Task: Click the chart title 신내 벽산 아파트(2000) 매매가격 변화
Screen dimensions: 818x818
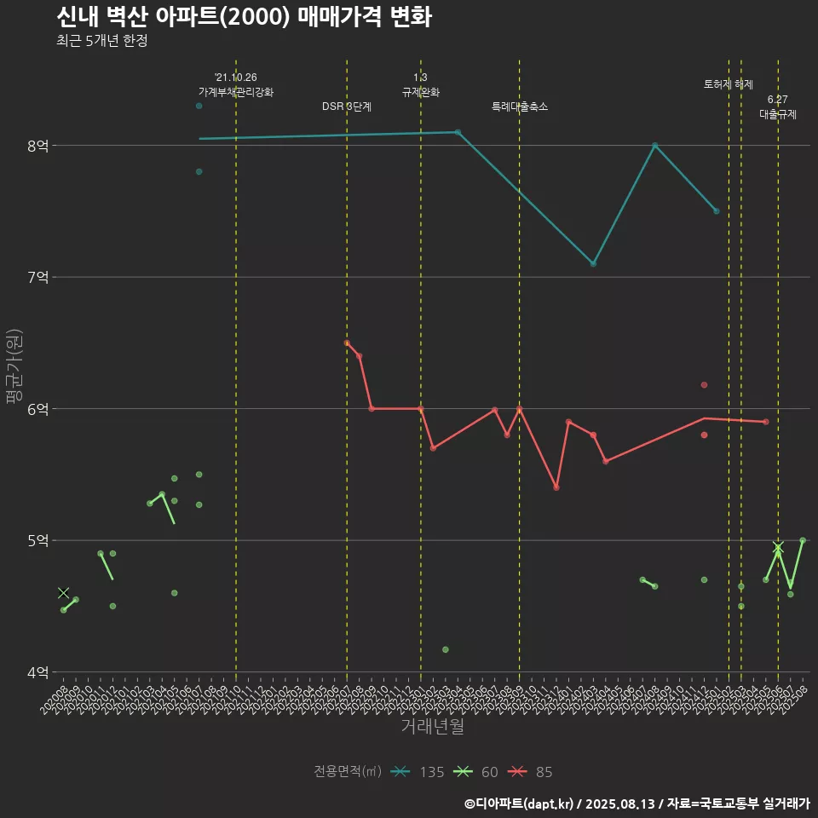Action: (244, 17)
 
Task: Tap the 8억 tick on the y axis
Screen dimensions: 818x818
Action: (37, 146)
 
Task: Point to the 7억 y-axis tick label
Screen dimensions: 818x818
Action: (37, 277)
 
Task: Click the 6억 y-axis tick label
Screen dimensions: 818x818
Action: (37, 409)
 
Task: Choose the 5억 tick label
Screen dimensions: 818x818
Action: (37, 540)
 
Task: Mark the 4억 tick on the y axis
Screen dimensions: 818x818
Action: (37, 672)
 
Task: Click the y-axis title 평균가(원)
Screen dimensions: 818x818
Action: (14, 369)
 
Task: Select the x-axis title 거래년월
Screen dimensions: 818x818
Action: (432, 727)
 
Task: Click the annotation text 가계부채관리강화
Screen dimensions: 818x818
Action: (236, 92)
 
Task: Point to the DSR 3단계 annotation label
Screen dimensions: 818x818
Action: (347, 107)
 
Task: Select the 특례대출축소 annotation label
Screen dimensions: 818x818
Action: (520, 107)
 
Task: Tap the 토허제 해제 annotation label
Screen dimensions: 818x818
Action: (729, 84)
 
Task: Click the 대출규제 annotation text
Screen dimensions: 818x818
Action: (778, 114)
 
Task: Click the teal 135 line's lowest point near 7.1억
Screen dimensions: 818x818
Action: (593, 263)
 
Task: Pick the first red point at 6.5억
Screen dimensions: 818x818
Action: (347, 343)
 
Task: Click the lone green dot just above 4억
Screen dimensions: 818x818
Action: (445, 649)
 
